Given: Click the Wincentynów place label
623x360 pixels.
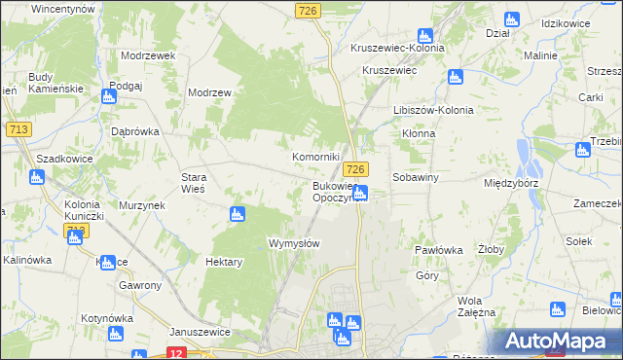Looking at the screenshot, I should (62, 8).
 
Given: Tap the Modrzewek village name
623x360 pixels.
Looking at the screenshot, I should (148, 55).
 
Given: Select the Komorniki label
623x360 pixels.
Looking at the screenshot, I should (316, 157).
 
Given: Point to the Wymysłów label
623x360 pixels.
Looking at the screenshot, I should (293, 243).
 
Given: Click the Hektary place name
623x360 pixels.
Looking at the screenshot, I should (223, 262).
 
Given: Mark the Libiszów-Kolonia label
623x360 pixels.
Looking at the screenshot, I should (433, 110).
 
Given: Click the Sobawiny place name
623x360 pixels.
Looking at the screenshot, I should (417, 178).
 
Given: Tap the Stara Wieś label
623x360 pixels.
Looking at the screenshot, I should (194, 183).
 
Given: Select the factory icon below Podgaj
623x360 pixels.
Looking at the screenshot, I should (107, 95).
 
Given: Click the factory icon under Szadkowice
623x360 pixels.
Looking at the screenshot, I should (37, 177).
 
